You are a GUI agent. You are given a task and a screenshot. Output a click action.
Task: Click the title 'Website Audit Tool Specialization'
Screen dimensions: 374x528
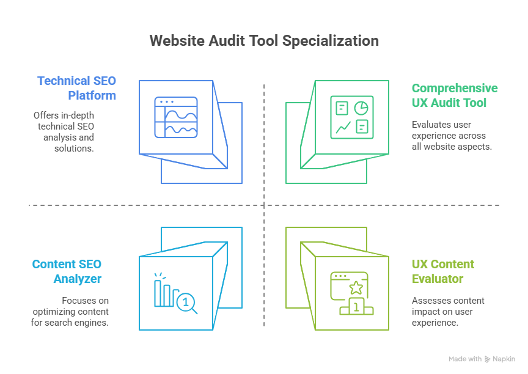pos(264,41)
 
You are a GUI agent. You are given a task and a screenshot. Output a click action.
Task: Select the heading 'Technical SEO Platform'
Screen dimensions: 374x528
pos(76,88)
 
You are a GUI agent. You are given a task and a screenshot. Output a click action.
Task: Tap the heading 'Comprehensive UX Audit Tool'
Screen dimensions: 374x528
pos(454,95)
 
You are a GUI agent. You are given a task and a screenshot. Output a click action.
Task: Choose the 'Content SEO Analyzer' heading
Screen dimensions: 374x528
pos(67,271)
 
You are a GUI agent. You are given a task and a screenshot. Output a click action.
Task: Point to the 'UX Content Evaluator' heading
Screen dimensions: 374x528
pos(442,271)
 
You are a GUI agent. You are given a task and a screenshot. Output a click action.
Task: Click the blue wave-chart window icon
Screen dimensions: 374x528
pos(176,117)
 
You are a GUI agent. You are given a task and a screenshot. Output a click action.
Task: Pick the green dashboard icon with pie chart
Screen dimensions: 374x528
pos(351,117)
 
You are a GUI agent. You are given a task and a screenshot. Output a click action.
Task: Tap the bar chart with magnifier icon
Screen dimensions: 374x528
pos(176,294)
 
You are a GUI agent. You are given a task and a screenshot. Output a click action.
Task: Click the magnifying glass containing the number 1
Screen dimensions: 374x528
pos(186,302)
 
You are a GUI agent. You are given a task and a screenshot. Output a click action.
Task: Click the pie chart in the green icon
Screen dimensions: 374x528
pos(361,108)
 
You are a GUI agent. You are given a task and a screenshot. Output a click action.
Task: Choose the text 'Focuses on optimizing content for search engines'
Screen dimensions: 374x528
pos(70,311)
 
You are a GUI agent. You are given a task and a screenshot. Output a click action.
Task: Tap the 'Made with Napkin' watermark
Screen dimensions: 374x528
pos(482,359)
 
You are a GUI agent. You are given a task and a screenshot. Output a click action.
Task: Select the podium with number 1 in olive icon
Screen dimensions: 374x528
pos(356,307)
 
